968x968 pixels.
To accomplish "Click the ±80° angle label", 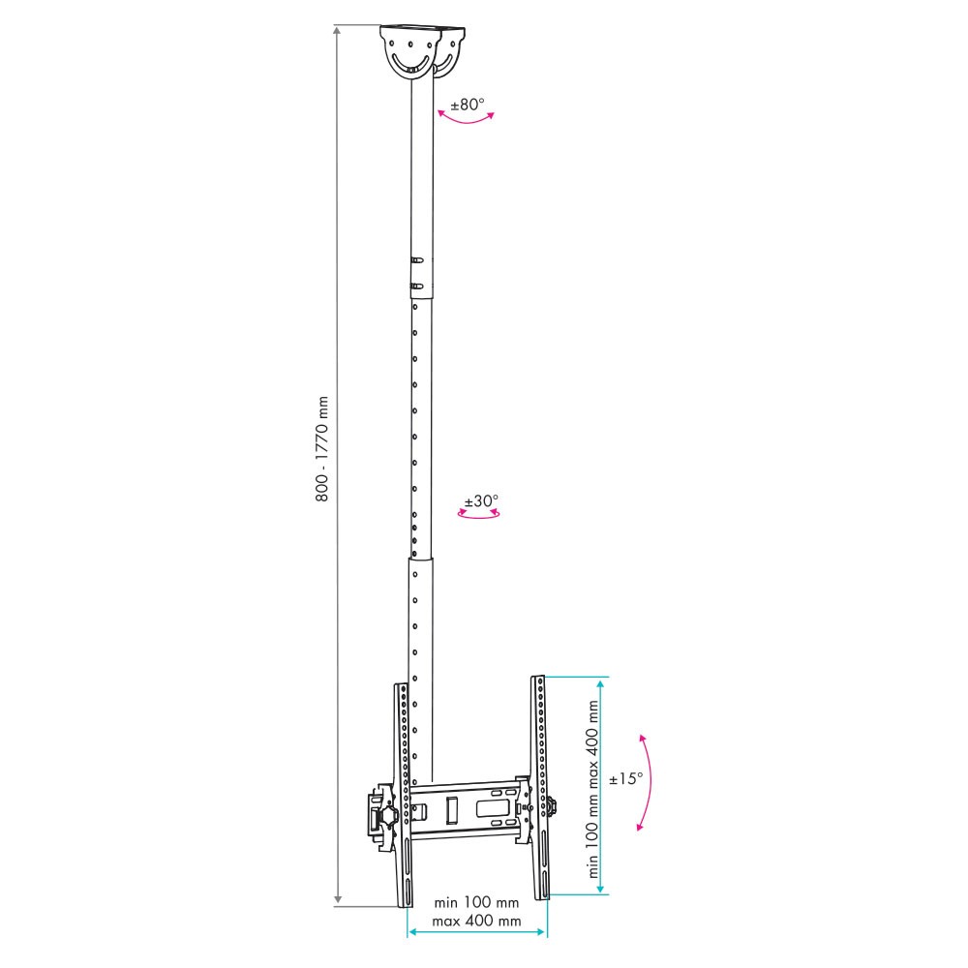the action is pyautogui.click(x=468, y=105).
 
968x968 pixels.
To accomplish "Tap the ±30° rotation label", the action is pyautogui.click(x=481, y=500).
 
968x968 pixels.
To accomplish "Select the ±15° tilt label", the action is pyautogui.click(x=626, y=778).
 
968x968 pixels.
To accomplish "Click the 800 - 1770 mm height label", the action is pyautogui.click(x=321, y=449).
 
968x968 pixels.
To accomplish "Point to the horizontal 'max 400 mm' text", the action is pyautogui.click(x=476, y=922).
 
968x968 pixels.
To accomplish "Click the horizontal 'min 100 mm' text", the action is pyautogui.click(x=476, y=902).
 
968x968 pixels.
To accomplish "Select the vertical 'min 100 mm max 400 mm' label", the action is pyautogui.click(x=593, y=789).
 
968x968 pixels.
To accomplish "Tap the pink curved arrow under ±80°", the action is pyautogui.click(x=467, y=117).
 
